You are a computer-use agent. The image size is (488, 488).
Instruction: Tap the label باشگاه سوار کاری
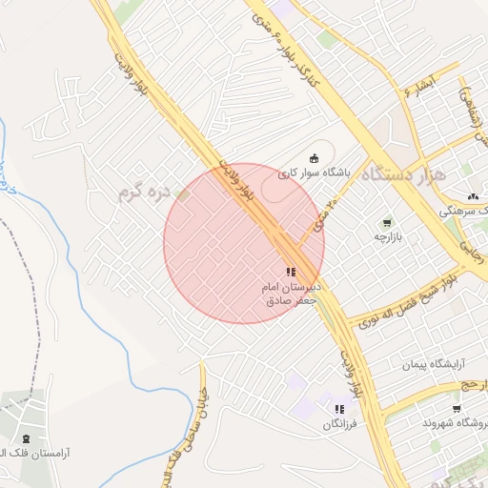tap(315, 173)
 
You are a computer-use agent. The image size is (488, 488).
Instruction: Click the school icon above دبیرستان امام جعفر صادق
tap(291, 272)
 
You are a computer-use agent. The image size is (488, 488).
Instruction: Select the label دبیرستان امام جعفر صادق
tap(295, 293)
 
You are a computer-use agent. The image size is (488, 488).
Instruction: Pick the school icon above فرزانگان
tap(338, 409)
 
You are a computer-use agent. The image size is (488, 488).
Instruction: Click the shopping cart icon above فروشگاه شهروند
tap(457, 409)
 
